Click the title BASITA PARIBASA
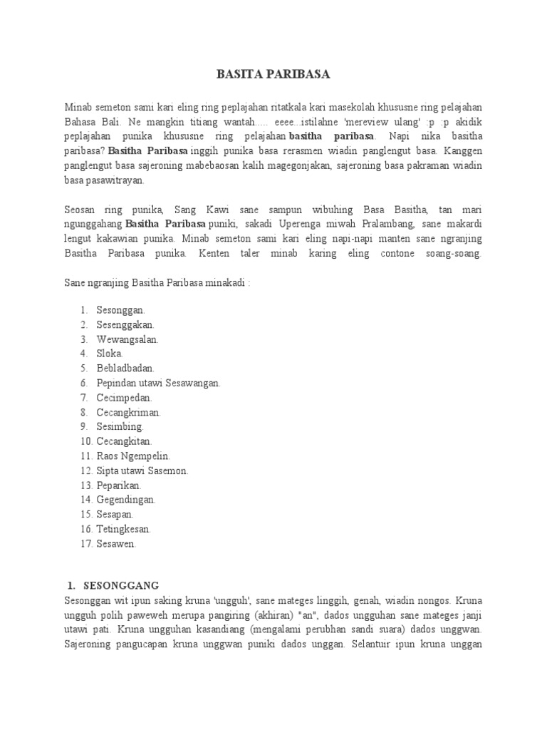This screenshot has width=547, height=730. coord(273,74)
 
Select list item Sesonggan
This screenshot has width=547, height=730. coord(121,310)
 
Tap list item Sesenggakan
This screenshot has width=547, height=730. coord(125,324)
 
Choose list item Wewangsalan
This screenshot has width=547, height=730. coord(128,339)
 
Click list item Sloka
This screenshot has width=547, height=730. coord(110,354)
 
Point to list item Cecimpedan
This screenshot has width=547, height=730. coord(125,398)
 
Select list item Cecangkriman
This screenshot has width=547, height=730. coord(129,412)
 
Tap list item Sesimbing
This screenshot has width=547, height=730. coord(120,427)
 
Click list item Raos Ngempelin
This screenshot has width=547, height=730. coord(134,456)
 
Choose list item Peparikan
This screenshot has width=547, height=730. coord(120,485)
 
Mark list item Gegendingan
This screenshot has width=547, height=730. coord(126,500)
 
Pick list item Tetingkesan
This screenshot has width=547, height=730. coord(124,529)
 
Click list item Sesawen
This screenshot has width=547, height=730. coord(116,544)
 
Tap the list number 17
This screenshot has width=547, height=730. coord(85,544)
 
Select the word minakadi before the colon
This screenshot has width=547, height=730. coord(224,282)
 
